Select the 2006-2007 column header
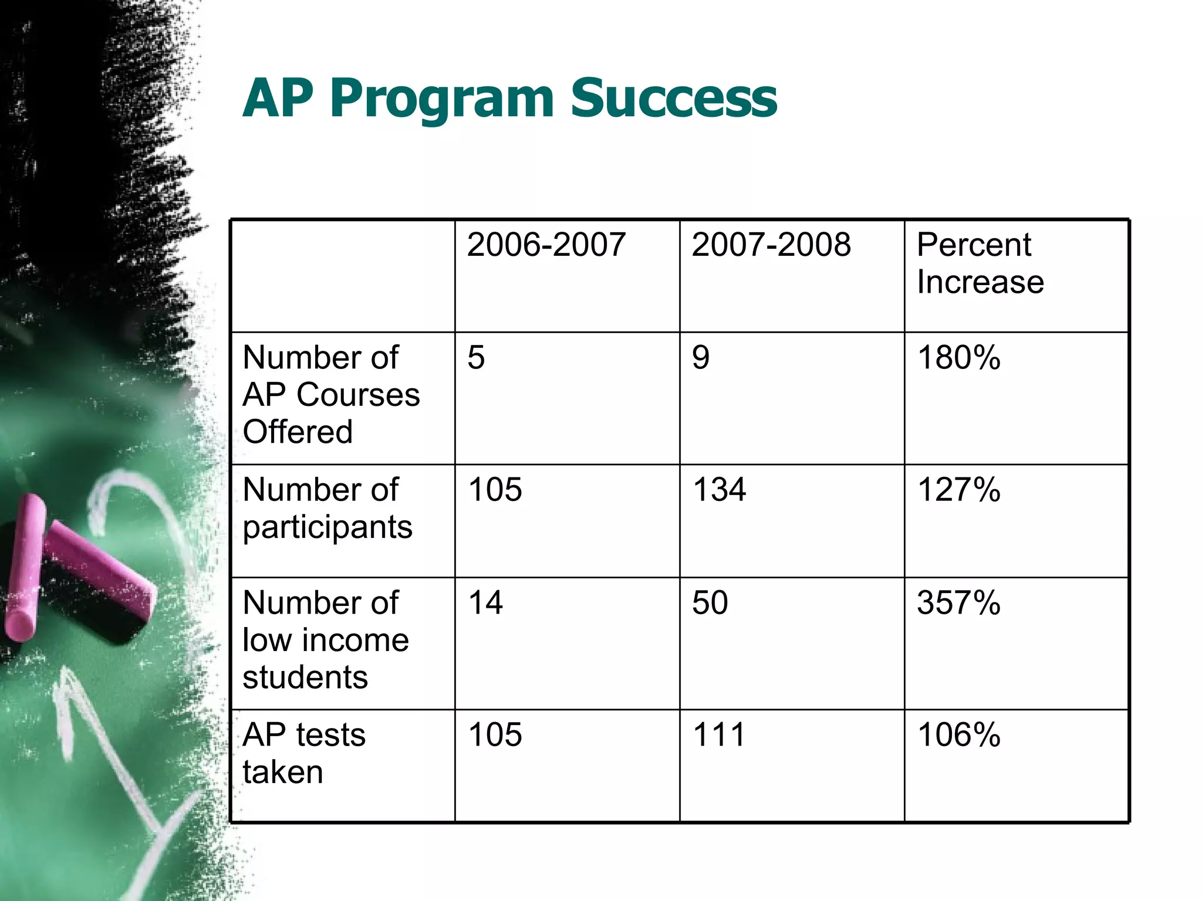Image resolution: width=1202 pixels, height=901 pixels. (546, 245)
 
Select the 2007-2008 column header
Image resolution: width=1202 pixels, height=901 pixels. (771, 245)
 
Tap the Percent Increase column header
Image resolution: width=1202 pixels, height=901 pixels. (980, 263)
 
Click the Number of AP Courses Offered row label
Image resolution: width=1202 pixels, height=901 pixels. (330, 394)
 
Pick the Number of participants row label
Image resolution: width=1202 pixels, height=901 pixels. (327, 508)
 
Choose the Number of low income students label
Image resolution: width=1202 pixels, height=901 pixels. (325, 640)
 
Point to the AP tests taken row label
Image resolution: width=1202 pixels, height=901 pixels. (303, 753)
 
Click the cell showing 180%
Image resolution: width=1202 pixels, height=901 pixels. (958, 358)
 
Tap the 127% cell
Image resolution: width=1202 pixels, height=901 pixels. (958, 490)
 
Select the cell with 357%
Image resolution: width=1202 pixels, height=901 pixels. (958, 603)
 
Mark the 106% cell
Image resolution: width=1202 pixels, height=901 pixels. (958, 735)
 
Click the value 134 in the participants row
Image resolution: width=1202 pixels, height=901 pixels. (719, 490)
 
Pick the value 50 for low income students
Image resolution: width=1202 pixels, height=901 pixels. (710, 603)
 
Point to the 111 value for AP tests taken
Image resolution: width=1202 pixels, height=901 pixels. (719, 735)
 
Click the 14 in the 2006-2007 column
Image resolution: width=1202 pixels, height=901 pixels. (485, 603)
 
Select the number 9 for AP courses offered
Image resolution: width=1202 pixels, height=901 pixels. (701, 358)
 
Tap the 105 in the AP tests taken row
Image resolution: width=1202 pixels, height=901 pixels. (495, 735)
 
